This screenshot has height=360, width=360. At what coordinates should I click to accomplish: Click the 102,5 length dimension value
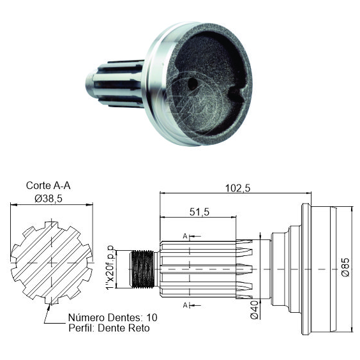click(237, 188)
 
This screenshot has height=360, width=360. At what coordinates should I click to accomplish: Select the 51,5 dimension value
click(199, 212)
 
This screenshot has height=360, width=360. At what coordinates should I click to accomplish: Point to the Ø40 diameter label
click(255, 310)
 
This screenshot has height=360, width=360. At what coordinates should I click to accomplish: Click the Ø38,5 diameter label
click(49, 199)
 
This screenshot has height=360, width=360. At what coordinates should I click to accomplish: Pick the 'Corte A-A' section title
click(49, 186)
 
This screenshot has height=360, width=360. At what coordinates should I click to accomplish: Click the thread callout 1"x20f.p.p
click(110, 267)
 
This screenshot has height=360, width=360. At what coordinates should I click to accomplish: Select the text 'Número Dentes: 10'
click(113, 317)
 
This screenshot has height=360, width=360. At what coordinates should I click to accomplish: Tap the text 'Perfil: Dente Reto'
click(109, 328)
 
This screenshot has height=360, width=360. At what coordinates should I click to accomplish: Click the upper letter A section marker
click(185, 236)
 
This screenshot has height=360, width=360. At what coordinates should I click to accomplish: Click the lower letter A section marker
click(185, 305)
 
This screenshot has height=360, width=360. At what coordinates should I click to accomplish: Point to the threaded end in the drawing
click(142, 269)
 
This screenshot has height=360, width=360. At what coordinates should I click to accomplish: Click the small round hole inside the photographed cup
click(192, 84)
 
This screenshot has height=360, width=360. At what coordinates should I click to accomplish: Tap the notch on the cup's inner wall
click(236, 93)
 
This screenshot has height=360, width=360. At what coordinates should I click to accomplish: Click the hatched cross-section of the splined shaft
click(52, 262)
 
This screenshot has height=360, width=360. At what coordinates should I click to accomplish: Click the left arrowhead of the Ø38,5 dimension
click(13, 204)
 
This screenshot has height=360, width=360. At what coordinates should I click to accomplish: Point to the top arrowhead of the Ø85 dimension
click(352, 209)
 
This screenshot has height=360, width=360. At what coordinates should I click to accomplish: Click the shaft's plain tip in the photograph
click(89, 84)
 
